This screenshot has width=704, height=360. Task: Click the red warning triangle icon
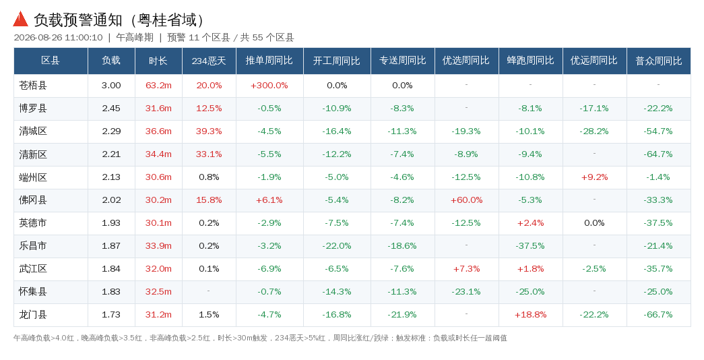click(21, 20)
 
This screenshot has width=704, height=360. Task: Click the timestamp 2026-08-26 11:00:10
click(59, 38)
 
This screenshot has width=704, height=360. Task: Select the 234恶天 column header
click(209, 61)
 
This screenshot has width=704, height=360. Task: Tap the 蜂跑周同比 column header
click(530, 61)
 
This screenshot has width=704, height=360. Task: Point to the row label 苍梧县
click(33, 86)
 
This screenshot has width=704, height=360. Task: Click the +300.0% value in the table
click(269, 86)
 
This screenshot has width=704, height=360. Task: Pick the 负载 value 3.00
click(111, 86)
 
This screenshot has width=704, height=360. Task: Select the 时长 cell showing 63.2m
click(158, 86)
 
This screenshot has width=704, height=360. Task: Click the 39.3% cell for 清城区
click(209, 131)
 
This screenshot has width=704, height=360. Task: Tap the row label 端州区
click(33, 177)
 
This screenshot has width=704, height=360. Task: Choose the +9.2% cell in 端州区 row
click(594, 177)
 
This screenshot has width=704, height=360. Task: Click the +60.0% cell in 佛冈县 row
click(466, 200)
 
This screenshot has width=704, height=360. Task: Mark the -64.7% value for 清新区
click(658, 154)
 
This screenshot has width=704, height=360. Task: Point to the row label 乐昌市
click(33, 246)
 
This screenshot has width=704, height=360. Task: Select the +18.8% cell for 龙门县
click(530, 315)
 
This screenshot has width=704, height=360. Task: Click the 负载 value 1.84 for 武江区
click(111, 269)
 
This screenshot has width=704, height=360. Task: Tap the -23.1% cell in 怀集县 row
click(466, 292)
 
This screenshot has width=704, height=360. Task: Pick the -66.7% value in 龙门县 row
click(658, 315)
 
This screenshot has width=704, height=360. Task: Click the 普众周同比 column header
click(659, 61)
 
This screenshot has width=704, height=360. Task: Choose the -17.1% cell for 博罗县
click(594, 109)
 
